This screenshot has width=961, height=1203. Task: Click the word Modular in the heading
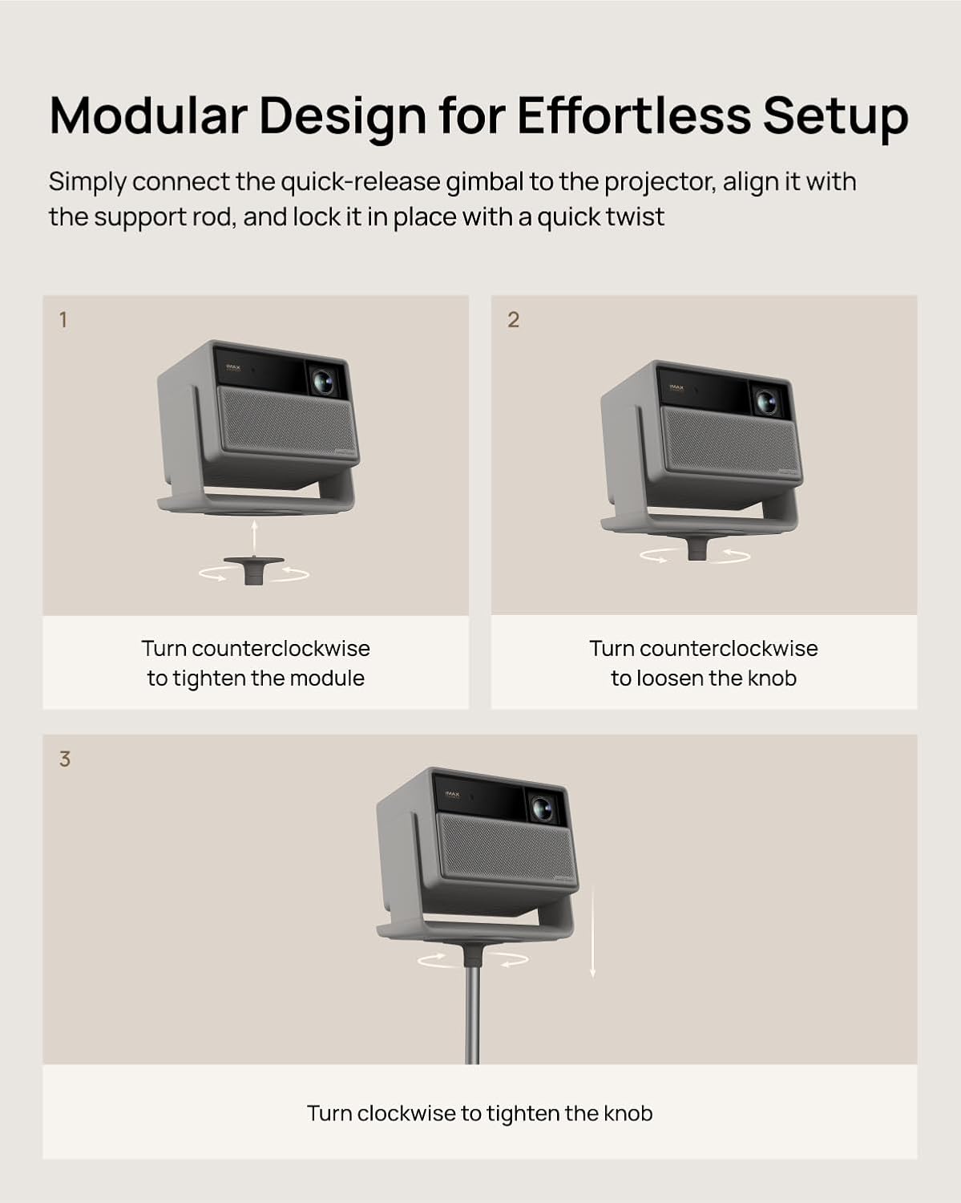148,116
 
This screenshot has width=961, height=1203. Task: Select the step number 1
63,320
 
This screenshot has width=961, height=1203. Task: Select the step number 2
513,320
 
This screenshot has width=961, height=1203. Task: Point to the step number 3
65,759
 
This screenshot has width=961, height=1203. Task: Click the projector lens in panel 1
323,382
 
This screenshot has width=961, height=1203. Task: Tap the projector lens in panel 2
766,401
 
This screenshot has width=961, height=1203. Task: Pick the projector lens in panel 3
541,808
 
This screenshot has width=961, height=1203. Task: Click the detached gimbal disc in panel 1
253,569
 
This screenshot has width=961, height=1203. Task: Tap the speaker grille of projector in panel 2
731,441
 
